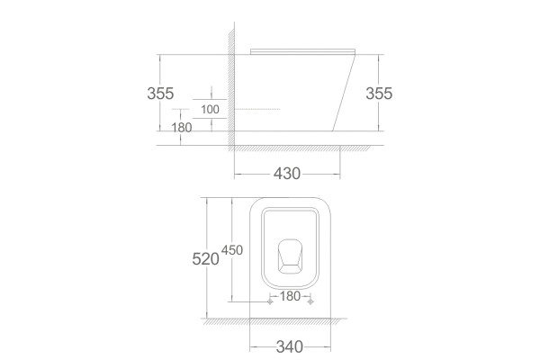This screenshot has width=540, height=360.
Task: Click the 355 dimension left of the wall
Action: click(160, 94)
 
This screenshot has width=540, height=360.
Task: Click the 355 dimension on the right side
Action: click(379, 94)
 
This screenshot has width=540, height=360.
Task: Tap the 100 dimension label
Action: click(210, 109)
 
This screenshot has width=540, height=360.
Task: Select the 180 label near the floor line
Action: click(182, 128)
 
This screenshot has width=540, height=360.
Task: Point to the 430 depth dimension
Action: click(287, 174)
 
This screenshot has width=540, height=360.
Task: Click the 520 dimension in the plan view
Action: click(205, 258)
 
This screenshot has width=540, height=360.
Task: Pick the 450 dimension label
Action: click(232, 250)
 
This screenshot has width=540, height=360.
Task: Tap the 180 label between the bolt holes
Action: click(290, 296)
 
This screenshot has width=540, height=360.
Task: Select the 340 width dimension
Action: click(290, 346)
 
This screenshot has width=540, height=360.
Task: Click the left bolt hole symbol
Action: click(270, 301)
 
